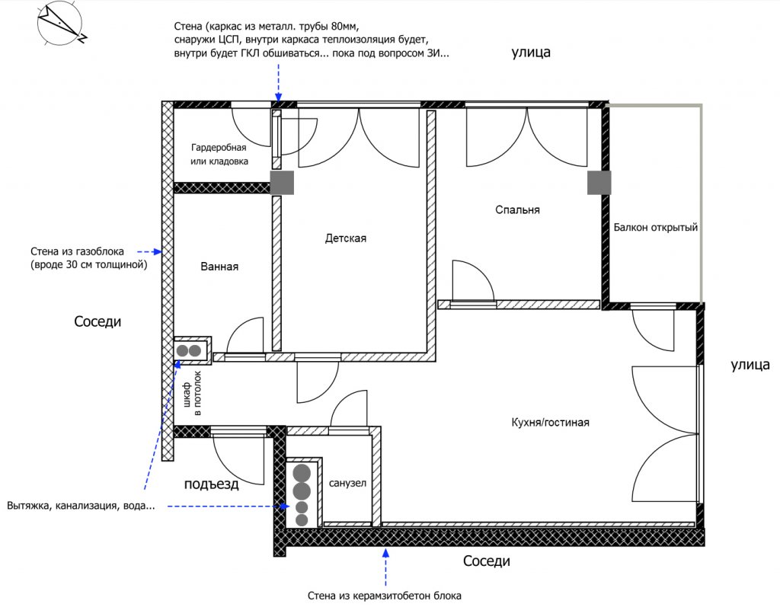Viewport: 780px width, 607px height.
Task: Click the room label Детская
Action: (x=345, y=238)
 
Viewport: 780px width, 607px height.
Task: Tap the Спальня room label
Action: (x=517, y=210)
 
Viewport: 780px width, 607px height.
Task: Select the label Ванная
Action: (x=219, y=267)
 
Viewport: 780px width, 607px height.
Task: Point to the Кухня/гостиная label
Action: (x=550, y=423)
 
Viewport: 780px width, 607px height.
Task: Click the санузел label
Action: (x=347, y=483)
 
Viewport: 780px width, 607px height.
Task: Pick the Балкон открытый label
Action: (x=656, y=228)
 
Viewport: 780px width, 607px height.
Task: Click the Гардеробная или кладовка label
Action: (x=219, y=155)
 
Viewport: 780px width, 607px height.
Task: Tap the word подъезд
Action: (x=212, y=484)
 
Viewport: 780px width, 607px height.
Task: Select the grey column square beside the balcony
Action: (x=599, y=183)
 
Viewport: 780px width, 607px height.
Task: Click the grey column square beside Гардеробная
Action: (x=282, y=183)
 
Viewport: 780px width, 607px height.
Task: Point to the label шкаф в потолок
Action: (x=192, y=393)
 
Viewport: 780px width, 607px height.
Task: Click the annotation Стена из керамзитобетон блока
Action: (x=384, y=596)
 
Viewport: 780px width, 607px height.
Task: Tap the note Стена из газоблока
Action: (x=77, y=251)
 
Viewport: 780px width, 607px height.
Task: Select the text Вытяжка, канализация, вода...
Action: (x=81, y=506)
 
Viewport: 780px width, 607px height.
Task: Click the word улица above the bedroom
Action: (x=531, y=53)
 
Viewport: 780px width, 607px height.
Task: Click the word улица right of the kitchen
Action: (x=750, y=365)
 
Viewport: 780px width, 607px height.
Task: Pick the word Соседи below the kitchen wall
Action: (x=487, y=561)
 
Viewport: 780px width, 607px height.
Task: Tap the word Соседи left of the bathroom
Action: (x=97, y=321)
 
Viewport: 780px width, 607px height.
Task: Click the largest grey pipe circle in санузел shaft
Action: (x=302, y=474)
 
